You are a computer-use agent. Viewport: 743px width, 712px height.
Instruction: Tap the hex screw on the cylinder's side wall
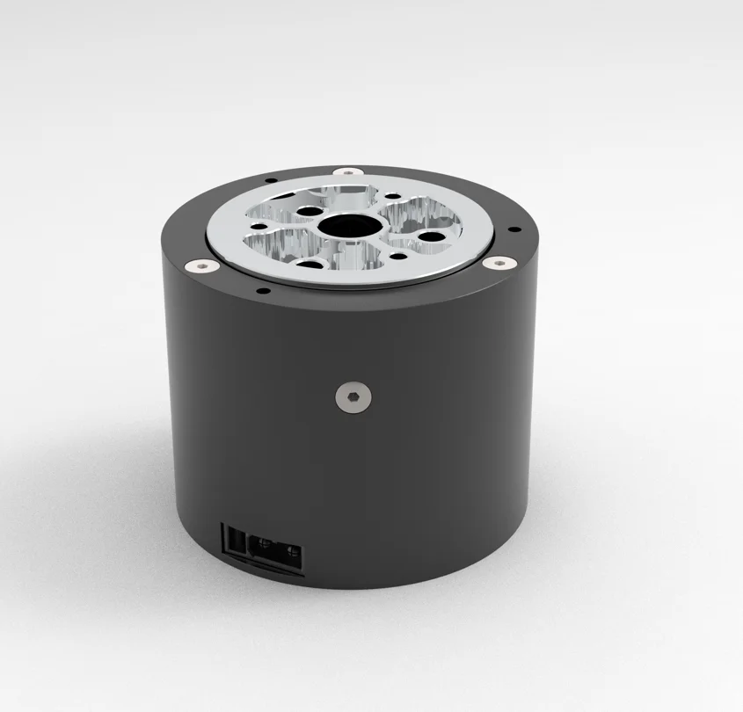pyautogui.click(x=353, y=397)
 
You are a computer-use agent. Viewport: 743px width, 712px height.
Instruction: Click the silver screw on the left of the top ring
pyautogui.click(x=201, y=265)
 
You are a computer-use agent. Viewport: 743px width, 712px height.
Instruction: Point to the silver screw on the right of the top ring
pyautogui.click(x=499, y=263)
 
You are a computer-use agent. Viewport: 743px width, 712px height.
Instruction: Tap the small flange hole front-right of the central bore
pyautogui.click(x=399, y=257)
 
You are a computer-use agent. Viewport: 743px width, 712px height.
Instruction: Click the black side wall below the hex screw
pyautogui.click(x=353, y=475)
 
